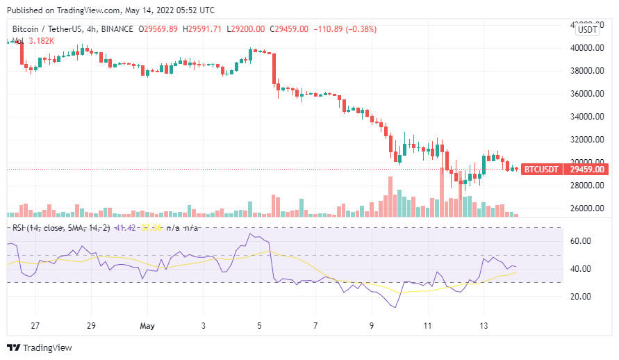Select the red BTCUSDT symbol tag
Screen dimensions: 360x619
pyautogui.click(x=540, y=169)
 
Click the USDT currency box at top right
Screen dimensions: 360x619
pyautogui.click(x=588, y=29)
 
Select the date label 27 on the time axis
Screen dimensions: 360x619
pyautogui.click(x=35, y=325)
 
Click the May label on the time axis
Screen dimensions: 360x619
pyautogui.click(x=147, y=325)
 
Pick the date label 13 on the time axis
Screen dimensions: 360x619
pyautogui.click(x=484, y=325)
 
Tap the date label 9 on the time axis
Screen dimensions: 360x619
pyautogui.click(x=372, y=325)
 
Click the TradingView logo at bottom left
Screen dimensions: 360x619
pyautogui.click(x=40, y=347)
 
